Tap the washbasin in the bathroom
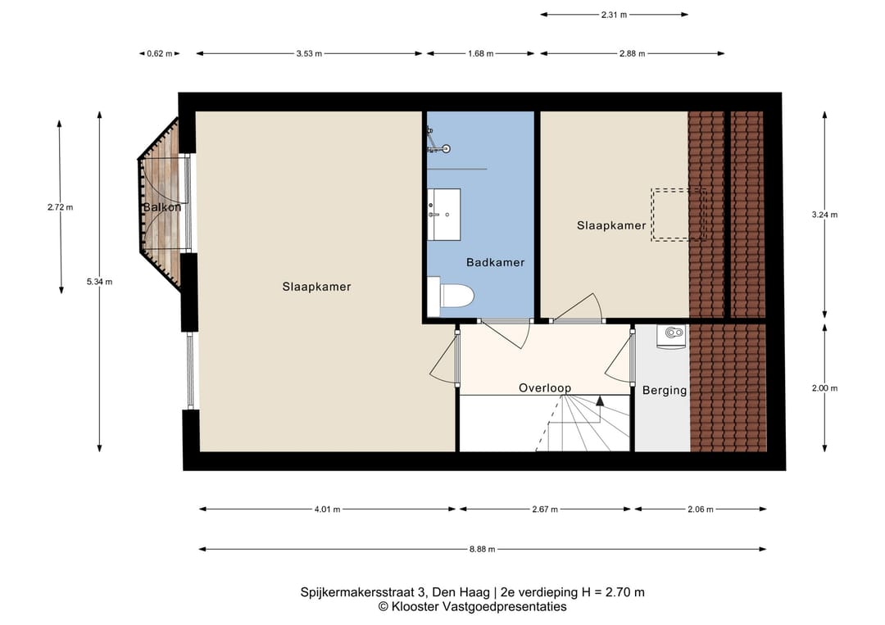tap(443, 215)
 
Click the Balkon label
tap(162, 207)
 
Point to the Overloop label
tap(545, 388)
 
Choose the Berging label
tap(665, 391)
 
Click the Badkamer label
tap(495, 262)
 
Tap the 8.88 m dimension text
tap(482, 549)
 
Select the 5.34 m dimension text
tap(99, 282)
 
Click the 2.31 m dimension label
tap(614, 15)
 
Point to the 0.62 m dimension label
tap(160, 53)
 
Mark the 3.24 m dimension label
tap(824, 215)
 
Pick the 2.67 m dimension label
tap(545, 510)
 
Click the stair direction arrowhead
tap(599, 401)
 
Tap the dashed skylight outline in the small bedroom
tap(679, 215)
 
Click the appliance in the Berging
tap(672, 336)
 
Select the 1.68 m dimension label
tap(480, 53)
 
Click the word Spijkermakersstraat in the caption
tap(357, 592)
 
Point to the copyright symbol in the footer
tap(383, 607)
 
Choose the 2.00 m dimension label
tap(824, 388)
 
